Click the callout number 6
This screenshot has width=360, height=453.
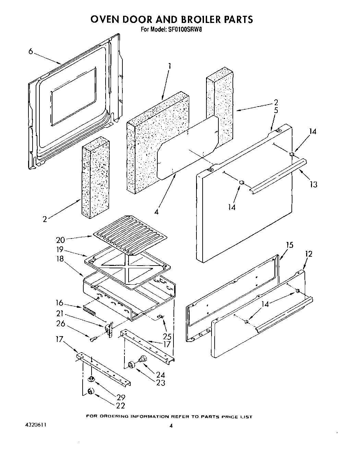[31, 51]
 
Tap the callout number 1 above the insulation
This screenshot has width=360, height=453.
[169, 65]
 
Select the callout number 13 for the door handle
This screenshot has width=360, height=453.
[313, 185]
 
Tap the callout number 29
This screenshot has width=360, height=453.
[120, 397]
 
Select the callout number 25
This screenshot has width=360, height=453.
[167, 336]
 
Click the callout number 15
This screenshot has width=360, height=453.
[290, 245]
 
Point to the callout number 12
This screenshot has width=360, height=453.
[309, 254]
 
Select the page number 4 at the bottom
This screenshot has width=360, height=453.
[170, 426]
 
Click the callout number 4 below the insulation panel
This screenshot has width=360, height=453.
[156, 212]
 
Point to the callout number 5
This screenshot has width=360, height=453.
[276, 110]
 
